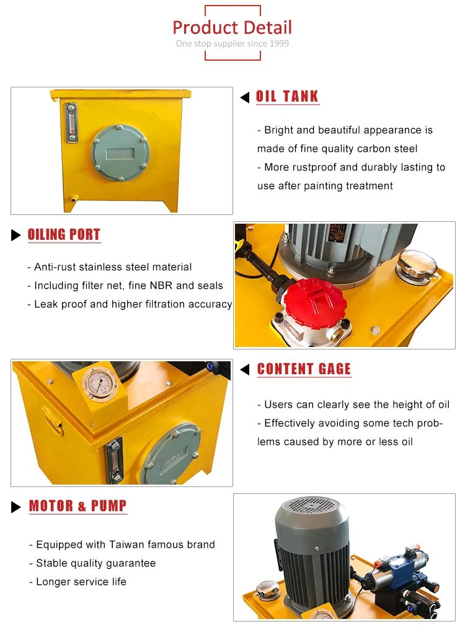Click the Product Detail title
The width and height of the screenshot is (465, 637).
pyautogui.click(x=232, y=27)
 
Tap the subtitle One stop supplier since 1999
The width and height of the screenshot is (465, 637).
pyautogui.click(x=232, y=43)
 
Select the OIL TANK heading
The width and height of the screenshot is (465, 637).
pyautogui.click(x=287, y=97)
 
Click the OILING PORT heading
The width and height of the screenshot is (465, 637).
pyautogui.click(x=64, y=235)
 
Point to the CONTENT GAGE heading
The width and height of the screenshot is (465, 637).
pyautogui.click(x=304, y=369)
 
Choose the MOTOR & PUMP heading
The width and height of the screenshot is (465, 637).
pyautogui.click(x=77, y=506)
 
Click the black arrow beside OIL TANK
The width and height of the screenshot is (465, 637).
pyautogui.click(x=245, y=97)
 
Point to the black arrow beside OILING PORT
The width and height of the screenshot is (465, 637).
pyautogui.click(x=16, y=235)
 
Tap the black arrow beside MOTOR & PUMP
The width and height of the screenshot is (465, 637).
pyautogui.click(x=16, y=507)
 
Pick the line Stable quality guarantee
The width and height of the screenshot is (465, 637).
pyautogui.click(x=95, y=563)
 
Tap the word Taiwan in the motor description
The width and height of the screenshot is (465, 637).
pyautogui.click(x=126, y=545)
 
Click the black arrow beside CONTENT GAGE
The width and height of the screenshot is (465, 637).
pyautogui.click(x=245, y=370)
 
